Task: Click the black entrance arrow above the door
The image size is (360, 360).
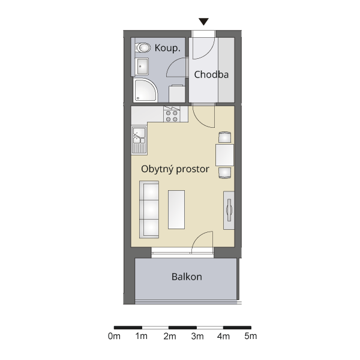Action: [203, 22]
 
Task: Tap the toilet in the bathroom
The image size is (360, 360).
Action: [143, 48]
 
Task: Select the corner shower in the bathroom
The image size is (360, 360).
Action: [146, 90]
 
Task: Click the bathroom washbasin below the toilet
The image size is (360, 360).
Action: [142, 67]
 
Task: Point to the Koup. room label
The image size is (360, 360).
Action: [167, 48]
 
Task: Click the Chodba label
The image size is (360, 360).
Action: [211, 74]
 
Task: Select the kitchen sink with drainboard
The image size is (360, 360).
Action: [139, 140]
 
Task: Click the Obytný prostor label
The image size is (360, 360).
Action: [175, 169]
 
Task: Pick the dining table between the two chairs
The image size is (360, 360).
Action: [224, 155]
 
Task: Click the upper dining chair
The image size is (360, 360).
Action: [225, 137]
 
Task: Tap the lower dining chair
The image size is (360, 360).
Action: [225, 173]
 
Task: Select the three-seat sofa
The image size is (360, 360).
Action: [149, 209]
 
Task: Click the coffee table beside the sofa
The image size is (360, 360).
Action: [176, 209]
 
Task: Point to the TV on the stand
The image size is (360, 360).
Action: [229, 210]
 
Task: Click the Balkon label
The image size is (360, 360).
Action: [187, 277]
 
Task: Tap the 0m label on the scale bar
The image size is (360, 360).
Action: [114, 336]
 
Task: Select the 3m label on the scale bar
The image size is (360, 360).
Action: [197, 336]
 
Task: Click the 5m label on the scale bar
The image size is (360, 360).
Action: [250, 336]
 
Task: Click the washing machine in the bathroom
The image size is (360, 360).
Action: [177, 94]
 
